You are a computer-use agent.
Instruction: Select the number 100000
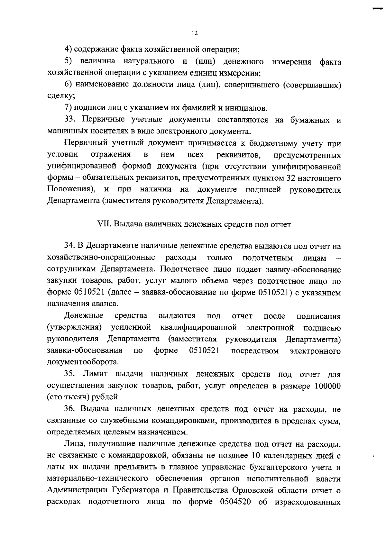326,386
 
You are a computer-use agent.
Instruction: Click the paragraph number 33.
69,120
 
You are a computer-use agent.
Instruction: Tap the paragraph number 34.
69,246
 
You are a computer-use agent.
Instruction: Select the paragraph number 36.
69,409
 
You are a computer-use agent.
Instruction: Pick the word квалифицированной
198,328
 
